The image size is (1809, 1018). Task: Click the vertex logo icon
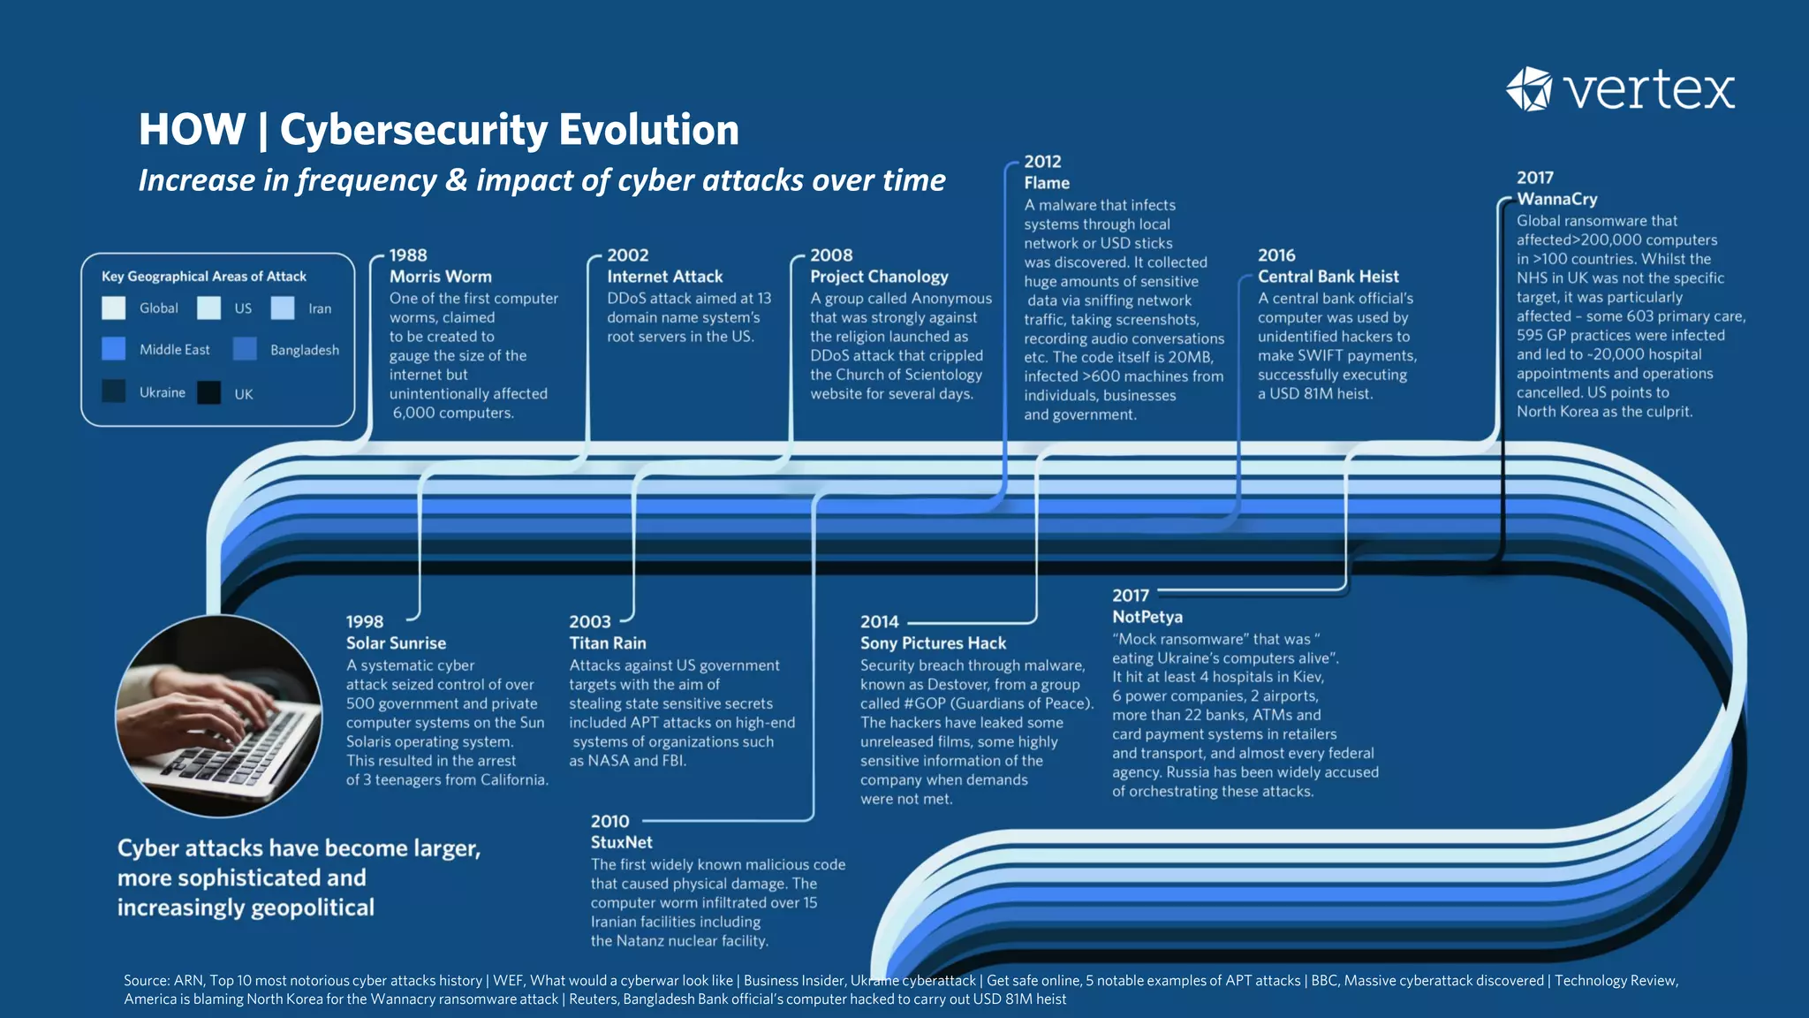1529,88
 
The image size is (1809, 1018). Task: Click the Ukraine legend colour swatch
114,391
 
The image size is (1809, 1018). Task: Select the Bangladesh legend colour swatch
245,349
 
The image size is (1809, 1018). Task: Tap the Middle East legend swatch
114,349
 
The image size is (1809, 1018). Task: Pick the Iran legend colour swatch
283,308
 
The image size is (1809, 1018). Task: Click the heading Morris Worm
440,277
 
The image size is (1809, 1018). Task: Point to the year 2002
627,255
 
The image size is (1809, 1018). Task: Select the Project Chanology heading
879,277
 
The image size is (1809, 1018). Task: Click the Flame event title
1047,183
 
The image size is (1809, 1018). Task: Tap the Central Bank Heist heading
1328,277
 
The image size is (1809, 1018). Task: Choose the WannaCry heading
1556,199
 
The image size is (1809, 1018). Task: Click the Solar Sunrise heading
396,643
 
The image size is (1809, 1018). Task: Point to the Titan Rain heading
607,643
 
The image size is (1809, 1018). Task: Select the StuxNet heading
621,842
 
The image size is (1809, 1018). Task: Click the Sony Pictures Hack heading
933,643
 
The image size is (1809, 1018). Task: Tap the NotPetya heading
1147,617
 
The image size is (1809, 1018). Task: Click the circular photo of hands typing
219,715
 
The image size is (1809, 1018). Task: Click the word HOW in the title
192,130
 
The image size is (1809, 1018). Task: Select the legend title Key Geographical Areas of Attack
204,277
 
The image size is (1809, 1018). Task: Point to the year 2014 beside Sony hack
879,622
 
